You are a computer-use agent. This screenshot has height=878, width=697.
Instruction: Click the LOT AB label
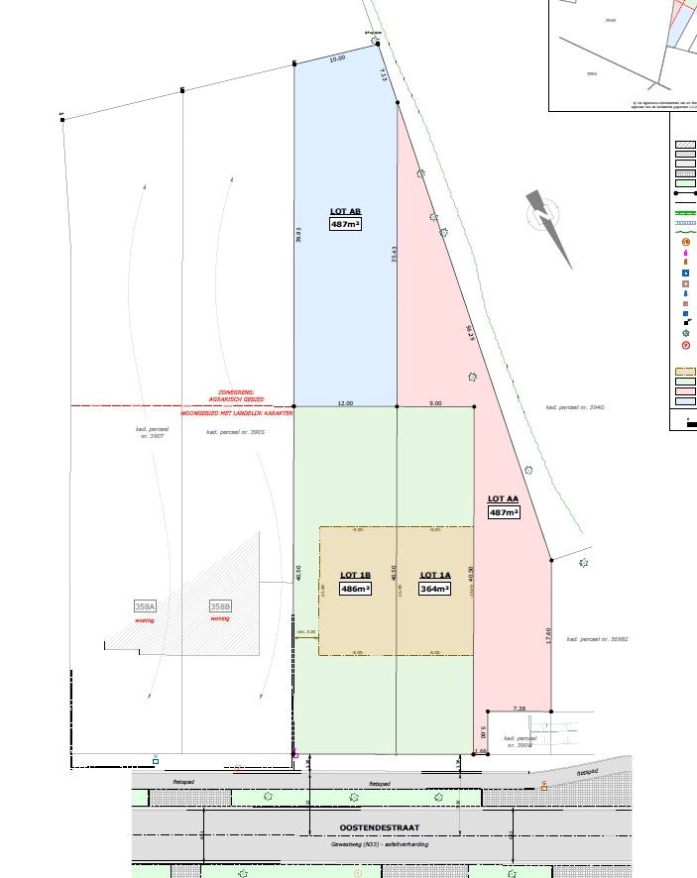(x=344, y=211)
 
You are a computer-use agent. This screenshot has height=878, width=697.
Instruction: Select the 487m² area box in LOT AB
(x=345, y=225)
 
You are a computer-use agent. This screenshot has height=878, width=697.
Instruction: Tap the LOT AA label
(x=504, y=498)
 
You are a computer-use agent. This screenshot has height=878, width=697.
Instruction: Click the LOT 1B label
(x=355, y=575)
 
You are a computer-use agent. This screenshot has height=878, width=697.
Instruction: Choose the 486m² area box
(x=355, y=589)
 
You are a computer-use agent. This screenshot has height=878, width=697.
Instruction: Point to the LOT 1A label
(x=435, y=575)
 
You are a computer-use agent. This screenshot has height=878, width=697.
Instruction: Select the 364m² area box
(x=435, y=589)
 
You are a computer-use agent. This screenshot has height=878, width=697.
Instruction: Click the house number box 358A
(x=145, y=606)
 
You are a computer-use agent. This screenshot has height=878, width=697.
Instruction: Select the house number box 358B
(x=219, y=606)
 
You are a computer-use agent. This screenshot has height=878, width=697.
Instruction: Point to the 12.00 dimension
(x=345, y=402)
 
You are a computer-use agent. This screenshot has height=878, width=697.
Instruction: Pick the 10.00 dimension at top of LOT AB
(x=337, y=59)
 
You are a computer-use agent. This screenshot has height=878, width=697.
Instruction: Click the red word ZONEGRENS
(x=236, y=393)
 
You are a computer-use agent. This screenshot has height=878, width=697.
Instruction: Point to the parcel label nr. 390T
(x=152, y=433)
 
